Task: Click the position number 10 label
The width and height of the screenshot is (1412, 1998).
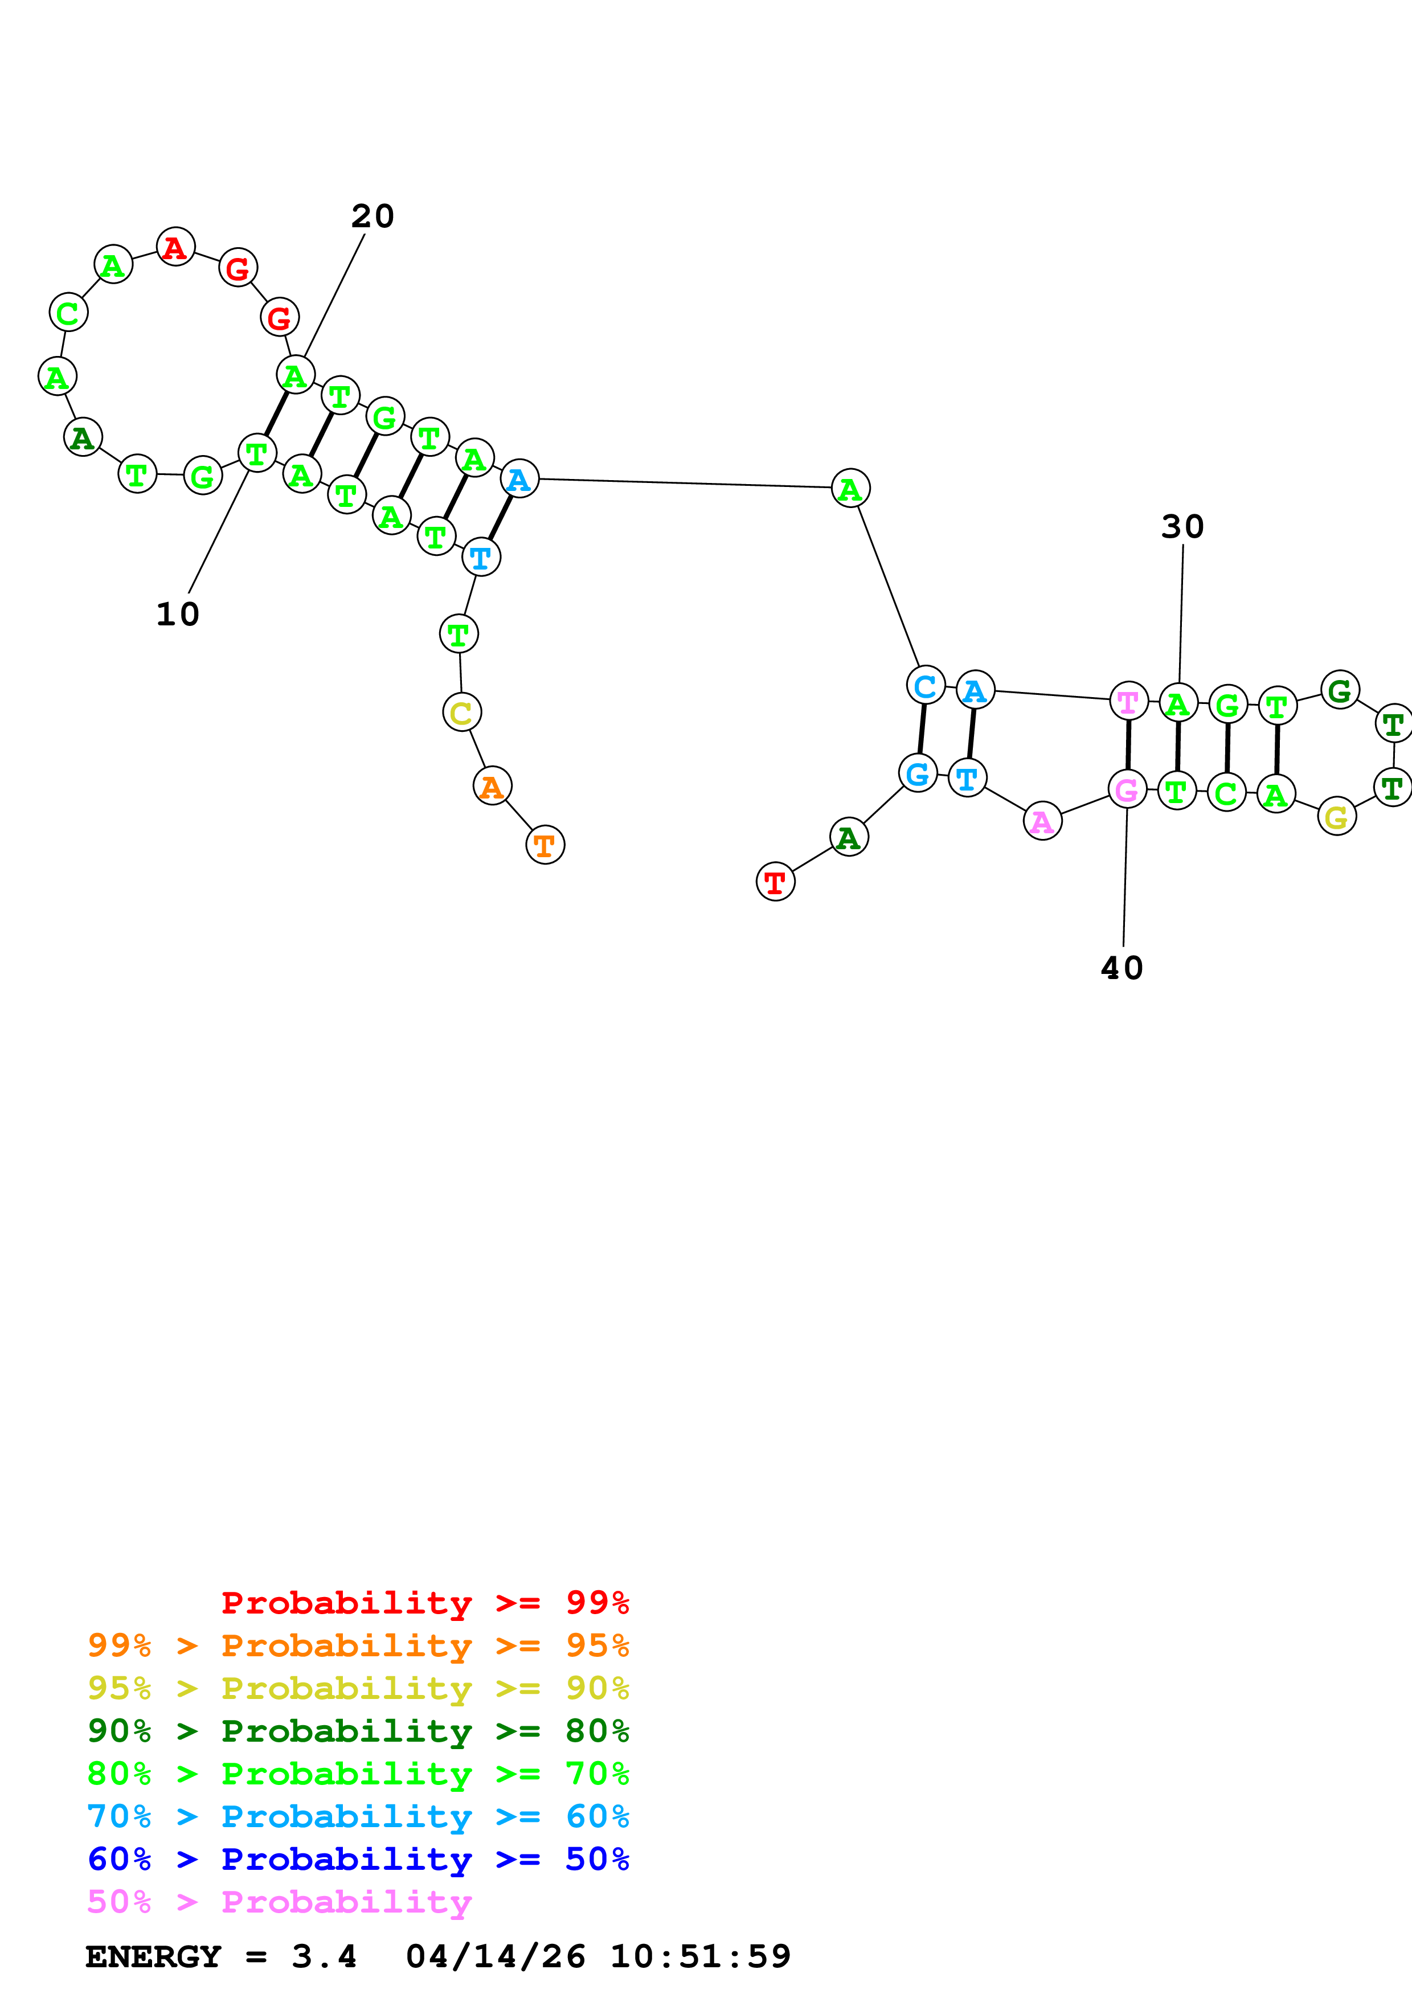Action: pyautogui.click(x=178, y=615)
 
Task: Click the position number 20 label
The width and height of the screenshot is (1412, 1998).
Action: pyautogui.click(x=373, y=216)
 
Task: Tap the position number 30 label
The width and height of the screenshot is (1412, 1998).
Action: pyautogui.click(x=1182, y=526)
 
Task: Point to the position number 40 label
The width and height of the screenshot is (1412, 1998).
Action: pyautogui.click(x=1122, y=968)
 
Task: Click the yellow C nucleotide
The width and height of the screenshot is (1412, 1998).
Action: pyautogui.click(x=461, y=713)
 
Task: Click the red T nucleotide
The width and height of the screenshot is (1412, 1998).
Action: pyautogui.click(x=775, y=882)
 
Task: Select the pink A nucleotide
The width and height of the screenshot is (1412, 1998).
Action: pyautogui.click(x=1042, y=821)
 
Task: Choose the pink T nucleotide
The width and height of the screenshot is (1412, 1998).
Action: pyautogui.click(x=1128, y=701)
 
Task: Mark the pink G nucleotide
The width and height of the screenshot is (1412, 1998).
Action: pyautogui.click(x=1127, y=789)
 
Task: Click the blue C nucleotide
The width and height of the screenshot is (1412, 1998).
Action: pyautogui.click(x=926, y=686)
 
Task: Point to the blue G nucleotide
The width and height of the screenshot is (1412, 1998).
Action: pyautogui.click(x=918, y=773)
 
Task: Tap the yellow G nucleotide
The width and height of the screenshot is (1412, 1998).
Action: pyautogui.click(x=1336, y=816)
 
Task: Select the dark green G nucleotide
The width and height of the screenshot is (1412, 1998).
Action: pyautogui.click(x=1340, y=690)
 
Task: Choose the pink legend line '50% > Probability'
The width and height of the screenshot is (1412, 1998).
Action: pyautogui.click(x=279, y=1902)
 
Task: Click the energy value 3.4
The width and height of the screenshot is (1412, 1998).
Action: pyautogui.click(x=324, y=1956)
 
